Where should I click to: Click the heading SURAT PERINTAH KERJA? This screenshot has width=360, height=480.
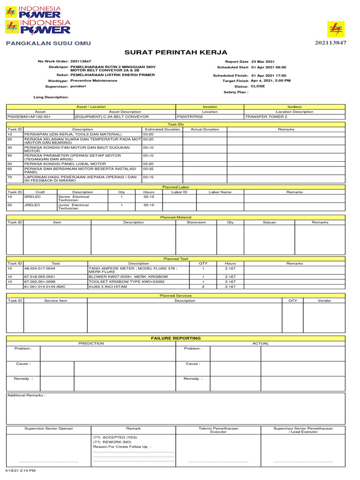(176, 52)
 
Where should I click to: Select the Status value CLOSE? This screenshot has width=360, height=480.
(257, 86)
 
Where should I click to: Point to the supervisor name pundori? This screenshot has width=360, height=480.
(78, 86)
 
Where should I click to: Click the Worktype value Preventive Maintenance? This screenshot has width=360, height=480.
(94, 81)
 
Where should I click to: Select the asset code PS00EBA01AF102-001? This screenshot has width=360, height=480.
(29, 116)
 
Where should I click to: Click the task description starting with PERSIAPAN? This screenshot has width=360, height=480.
(73, 134)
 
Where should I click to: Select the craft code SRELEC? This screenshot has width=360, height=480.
(30, 197)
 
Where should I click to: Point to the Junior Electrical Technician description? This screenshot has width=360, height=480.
(74, 207)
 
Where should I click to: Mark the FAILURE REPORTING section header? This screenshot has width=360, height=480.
(175, 338)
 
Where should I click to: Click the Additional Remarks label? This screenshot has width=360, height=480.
(27, 395)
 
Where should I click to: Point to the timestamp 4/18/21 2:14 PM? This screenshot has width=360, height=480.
(20, 470)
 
